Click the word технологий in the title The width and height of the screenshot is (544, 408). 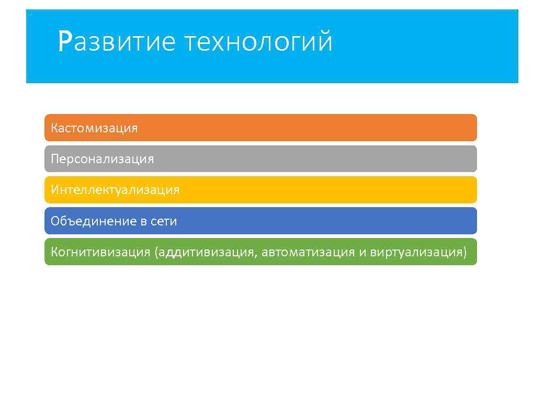[x=258, y=42]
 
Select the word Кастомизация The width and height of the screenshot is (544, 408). [x=94, y=128]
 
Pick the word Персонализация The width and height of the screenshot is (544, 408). [x=103, y=159]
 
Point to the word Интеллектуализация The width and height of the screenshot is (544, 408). [x=115, y=190]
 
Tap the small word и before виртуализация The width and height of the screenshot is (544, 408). [x=362, y=253]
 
